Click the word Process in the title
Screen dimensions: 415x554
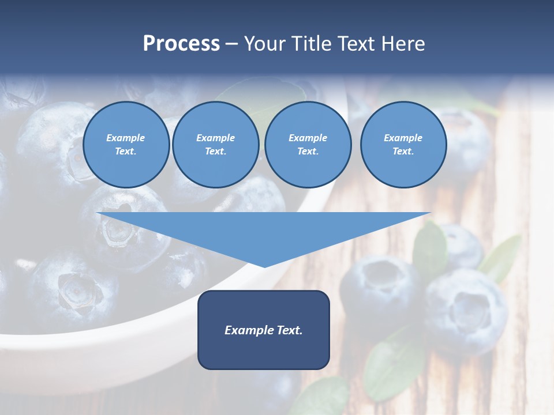pyautogui.click(x=181, y=44)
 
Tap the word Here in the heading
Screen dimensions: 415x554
pyautogui.click(x=402, y=44)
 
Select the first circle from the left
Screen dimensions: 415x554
pyautogui.click(x=126, y=145)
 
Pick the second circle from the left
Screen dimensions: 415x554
pyautogui.click(x=216, y=145)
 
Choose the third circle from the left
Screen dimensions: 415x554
pyautogui.click(x=308, y=145)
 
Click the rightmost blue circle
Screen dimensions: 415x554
pyautogui.click(x=403, y=145)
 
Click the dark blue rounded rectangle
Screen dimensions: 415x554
pyautogui.click(x=264, y=352)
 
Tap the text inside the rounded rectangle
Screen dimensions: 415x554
pyautogui.click(x=264, y=330)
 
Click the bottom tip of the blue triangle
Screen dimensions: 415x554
pyautogui.click(x=264, y=266)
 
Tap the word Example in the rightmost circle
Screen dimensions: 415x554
pyautogui.click(x=403, y=138)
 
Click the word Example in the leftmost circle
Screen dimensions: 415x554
pyautogui.click(x=126, y=138)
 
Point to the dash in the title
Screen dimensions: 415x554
pyautogui.click(x=232, y=44)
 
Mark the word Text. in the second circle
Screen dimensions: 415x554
pyautogui.click(x=216, y=152)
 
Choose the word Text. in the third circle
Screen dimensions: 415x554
pyautogui.click(x=308, y=152)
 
